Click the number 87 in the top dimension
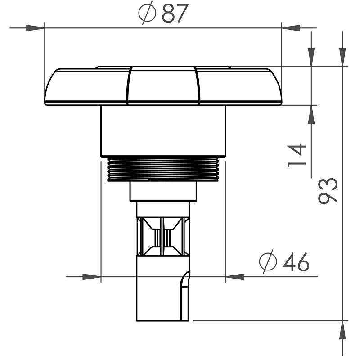(x=174, y=14)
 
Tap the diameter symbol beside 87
(x=147, y=14)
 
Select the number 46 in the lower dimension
(x=296, y=262)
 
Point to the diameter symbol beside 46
(x=268, y=262)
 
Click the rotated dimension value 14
(x=297, y=155)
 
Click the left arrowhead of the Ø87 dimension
(x=36, y=28)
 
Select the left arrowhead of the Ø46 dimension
(x=92, y=276)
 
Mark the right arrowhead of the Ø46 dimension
(x=234, y=276)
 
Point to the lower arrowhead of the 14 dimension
(x=311, y=114)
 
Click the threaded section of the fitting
(x=163, y=169)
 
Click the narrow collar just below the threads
(x=163, y=192)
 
